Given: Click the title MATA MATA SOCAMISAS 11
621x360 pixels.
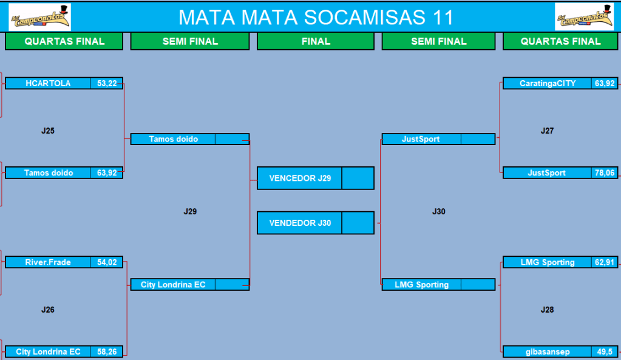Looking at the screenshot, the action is click(x=316, y=18).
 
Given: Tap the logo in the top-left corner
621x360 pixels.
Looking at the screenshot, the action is click(x=39, y=17).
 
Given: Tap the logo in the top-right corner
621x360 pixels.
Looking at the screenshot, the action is click(x=584, y=17).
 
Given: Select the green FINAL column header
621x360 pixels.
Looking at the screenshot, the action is click(x=316, y=41).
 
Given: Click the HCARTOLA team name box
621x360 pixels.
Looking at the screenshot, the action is click(x=48, y=83).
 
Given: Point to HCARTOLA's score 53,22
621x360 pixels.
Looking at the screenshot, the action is click(x=107, y=83).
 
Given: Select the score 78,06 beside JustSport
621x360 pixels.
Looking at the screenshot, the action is click(x=605, y=172).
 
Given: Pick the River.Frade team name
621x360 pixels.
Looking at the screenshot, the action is click(x=48, y=262).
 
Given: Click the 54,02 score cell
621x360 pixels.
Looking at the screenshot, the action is click(x=107, y=262).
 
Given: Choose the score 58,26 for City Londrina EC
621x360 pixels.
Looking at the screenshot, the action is click(x=107, y=352).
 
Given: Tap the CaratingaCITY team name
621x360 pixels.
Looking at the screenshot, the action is click(x=548, y=83).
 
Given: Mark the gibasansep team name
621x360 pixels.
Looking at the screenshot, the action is click(x=548, y=352).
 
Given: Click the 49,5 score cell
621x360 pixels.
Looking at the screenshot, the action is click(x=605, y=352).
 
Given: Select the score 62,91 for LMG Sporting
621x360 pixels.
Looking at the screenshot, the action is click(x=605, y=262).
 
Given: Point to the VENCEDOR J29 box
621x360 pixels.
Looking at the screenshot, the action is click(x=300, y=178).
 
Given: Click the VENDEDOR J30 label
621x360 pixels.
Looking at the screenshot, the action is click(x=300, y=223).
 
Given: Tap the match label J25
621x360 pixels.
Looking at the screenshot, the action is click(x=48, y=131).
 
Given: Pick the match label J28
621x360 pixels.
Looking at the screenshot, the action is click(x=548, y=310).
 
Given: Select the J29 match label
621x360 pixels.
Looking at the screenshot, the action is click(x=190, y=211).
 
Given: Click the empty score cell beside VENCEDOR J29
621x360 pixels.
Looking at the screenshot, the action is click(x=358, y=178).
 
